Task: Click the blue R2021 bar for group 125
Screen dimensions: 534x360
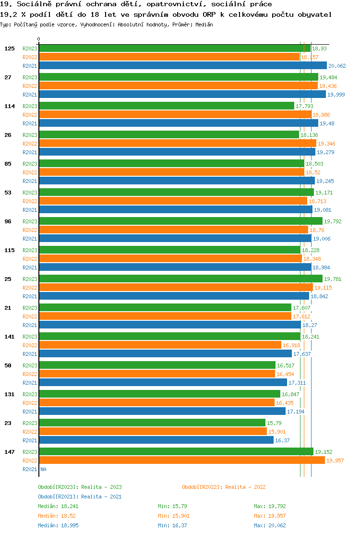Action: coord(182,66)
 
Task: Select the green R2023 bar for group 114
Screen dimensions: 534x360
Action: coord(166,106)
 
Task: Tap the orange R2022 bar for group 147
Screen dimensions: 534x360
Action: coord(181,461)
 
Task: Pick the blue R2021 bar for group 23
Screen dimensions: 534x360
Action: coord(156,440)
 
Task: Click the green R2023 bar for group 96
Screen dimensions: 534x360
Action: coord(180,221)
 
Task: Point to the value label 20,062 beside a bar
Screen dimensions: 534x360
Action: coord(337,66)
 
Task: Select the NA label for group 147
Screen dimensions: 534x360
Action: coord(43,469)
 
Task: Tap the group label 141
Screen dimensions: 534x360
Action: coord(10,337)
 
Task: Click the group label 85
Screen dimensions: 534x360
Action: coord(8,164)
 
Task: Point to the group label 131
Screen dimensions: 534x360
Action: coord(10,394)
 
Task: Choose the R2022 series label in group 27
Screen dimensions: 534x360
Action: coord(30,86)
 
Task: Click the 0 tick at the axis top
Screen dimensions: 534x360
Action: coord(39,39)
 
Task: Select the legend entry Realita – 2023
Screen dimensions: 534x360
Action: coord(80,487)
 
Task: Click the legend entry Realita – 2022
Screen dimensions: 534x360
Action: coord(224,487)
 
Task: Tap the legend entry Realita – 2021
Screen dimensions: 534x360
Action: coord(80,497)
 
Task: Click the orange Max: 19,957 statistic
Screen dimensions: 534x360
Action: coord(270,516)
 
